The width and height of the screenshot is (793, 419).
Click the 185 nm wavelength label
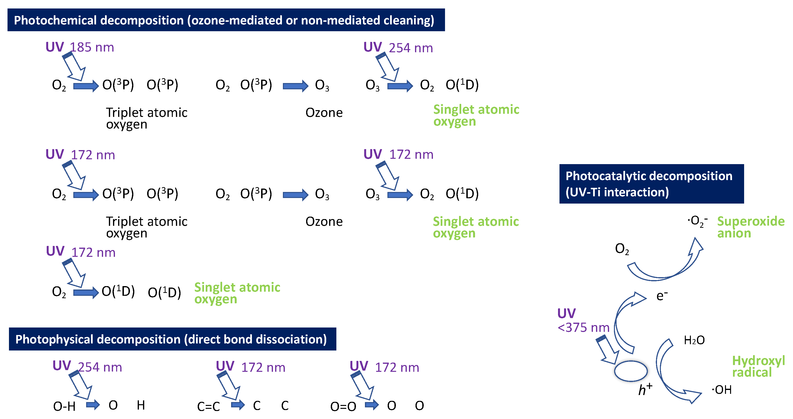tap(92, 47)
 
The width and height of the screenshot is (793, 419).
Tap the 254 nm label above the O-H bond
tap(100, 367)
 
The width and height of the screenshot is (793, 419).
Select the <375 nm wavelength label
tap(583, 328)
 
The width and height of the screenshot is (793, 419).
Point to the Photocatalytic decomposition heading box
tap(651, 184)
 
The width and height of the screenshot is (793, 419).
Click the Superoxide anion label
tap(750, 227)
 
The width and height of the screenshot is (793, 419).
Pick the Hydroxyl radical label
tap(758, 366)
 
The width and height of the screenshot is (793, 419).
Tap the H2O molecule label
tap(694, 340)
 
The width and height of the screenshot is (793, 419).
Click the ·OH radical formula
tap(721, 390)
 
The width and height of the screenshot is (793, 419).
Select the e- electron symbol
tap(662, 296)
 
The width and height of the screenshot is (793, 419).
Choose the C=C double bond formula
tap(208, 407)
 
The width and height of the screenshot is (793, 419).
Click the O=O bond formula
tap(343, 407)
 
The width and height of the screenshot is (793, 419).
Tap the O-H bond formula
tap(64, 407)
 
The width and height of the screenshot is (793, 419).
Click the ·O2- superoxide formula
tap(697, 221)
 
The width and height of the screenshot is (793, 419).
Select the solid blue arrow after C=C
tap(238, 404)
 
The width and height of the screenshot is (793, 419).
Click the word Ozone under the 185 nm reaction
tap(324, 113)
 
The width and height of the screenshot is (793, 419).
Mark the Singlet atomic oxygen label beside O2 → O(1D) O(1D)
tap(237, 293)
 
